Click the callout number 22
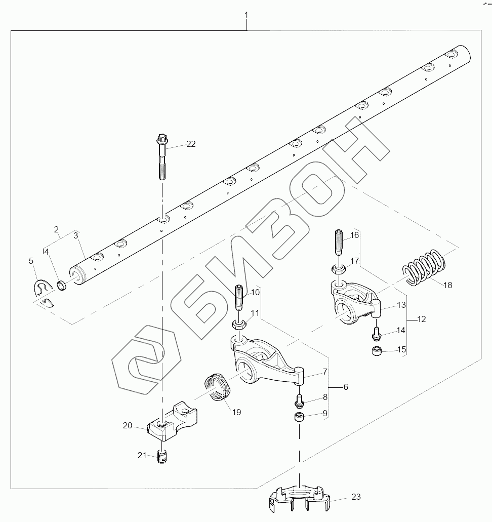(x=191, y=144)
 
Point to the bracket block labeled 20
(x=172, y=421)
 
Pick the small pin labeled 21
(x=162, y=456)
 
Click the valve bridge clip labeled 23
(x=299, y=498)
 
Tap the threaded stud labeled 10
(x=239, y=297)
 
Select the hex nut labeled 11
(x=239, y=324)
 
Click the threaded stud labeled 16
(x=339, y=242)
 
